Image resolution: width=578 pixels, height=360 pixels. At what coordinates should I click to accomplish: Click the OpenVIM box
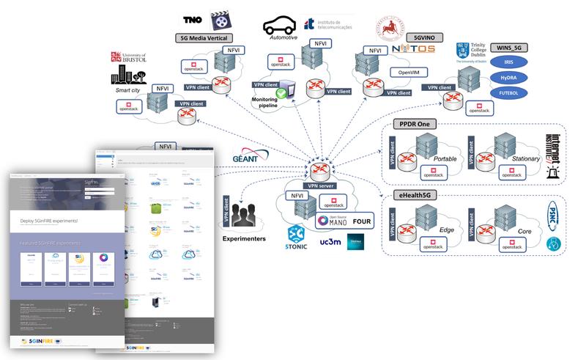coord(393,72)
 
